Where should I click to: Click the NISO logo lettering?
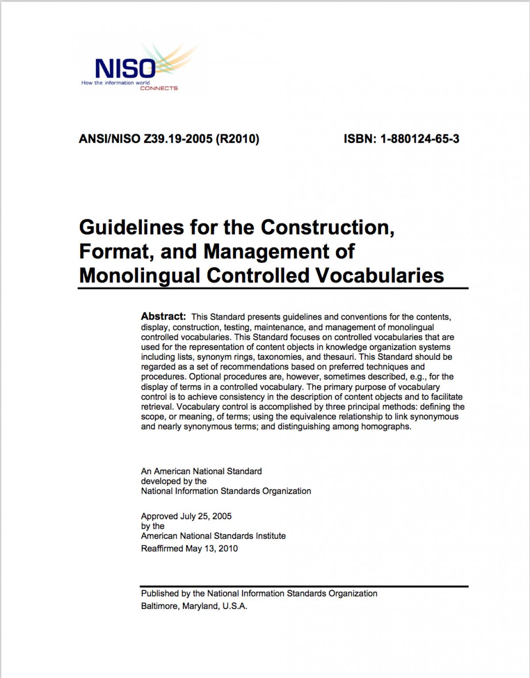pyautogui.click(x=125, y=69)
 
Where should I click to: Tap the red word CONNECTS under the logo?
pyautogui.click(x=159, y=88)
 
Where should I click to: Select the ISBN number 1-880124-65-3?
pyautogui.click(x=419, y=139)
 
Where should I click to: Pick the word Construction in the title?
pyautogui.click(x=326, y=227)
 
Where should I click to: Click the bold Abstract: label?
pyautogui.click(x=163, y=316)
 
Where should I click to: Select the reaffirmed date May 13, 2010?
pyautogui.click(x=212, y=548)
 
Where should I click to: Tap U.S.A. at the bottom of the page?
pyautogui.click(x=235, y=606)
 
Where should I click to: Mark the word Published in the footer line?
pyautogui.click(x=160, y=594)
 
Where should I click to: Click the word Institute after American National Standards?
pyautogui.click(x=271, y=536)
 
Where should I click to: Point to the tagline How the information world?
pyautogui.click(x=115, y=83)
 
